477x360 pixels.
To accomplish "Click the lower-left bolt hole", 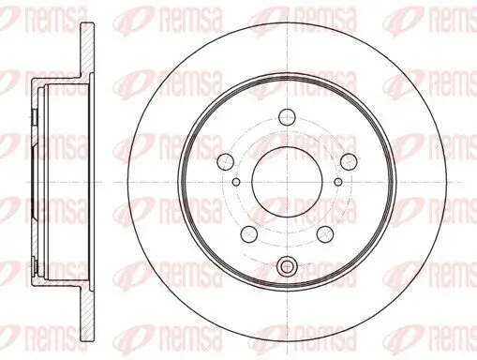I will point(249,232).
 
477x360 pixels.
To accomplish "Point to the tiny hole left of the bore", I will point(236,182).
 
